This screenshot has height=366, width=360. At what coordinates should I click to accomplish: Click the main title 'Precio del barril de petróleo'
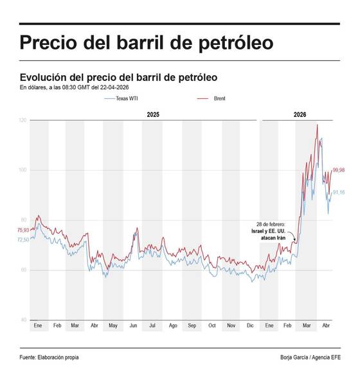pyautogui.click(x=146, y=43)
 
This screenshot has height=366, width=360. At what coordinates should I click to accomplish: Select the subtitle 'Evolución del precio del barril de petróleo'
pyautogui.click(x=118, y=77)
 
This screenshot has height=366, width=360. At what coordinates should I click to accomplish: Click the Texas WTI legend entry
pyautogui.click(x=121, y=99)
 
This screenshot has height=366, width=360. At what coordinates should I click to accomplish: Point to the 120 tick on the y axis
pyautogui.click(x=22, y=120)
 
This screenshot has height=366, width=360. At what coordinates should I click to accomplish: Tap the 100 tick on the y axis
pyautogui.click(x=22, y=170)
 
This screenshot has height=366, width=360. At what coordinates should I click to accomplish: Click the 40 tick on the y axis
pyautogui.click(x=24, y=320)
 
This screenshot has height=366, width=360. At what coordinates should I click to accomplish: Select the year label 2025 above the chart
pyautogui.click(x=153, y=114)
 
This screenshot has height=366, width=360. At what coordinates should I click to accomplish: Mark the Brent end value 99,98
pyautogui.click(x=339, y=170)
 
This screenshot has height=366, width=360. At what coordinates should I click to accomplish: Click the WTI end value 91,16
pyautogui.click(x=339, y=193)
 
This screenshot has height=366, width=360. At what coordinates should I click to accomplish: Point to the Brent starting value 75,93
pyautogui.click(x=22, y=230)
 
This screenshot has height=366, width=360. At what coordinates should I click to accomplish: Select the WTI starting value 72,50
pyautogui.click(x=22, y=240)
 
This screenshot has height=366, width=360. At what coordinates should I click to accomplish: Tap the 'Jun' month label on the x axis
pyautogui.click(x=134, y=326)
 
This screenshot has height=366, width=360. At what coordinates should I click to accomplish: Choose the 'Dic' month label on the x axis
pyautogui.click(x=250, y=326)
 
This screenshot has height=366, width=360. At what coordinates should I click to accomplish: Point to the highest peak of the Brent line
pyautogui.click(x=317, y=125)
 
